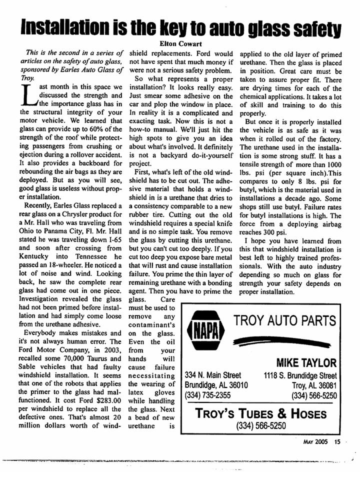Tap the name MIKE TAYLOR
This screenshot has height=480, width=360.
pyautogui.click(x=306, y=362)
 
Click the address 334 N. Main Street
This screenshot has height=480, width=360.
pyautogui.click(x=213, y=375)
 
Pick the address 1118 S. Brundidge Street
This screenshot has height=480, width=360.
pyautogui.click(x=300, y=375)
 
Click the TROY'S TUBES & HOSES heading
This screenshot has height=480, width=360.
pyautogui.click(x=260, y=414)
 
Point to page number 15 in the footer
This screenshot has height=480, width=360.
pyautogui.click(x=337, y=441)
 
